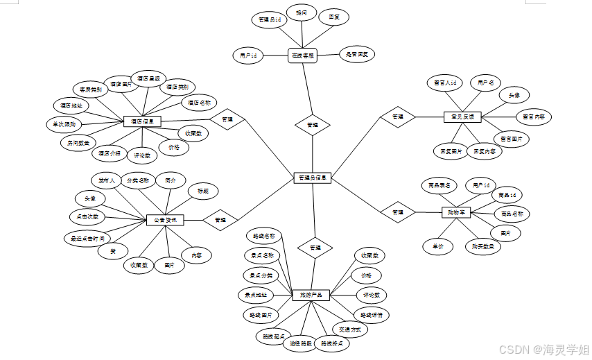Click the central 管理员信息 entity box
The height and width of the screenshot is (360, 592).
pyautogui.click(x=313, y=178)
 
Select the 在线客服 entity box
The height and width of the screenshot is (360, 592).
pyautogui.click(x=302, y=55)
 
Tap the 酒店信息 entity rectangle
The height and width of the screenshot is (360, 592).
pyautogui.click(x=142, y=121)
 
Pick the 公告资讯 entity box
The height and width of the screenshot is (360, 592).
pyautogui.click(x=166, y=221)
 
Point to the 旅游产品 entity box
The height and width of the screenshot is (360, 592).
pyautogui.click(x=311, y=295)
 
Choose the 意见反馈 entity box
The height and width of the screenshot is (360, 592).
pyautogui.click(x=462, y=117)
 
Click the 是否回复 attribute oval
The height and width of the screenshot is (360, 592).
pyautogui.click(x=358, y=54)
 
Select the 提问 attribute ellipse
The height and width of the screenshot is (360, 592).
pyautogui.click(x=302, y=13)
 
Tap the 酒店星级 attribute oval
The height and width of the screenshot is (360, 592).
pyautogui.click(x=148, y=79)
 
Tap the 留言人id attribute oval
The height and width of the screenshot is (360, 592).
pyautogui.click(x=444, y=83)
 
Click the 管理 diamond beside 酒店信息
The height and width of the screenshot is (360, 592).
pyautogui.click(x=227, y=119)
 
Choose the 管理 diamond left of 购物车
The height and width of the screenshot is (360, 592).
pyautogui.click(x=398, y=212)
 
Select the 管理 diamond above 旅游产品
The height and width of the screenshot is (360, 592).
pyautogui.click(x=315, y=247)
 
